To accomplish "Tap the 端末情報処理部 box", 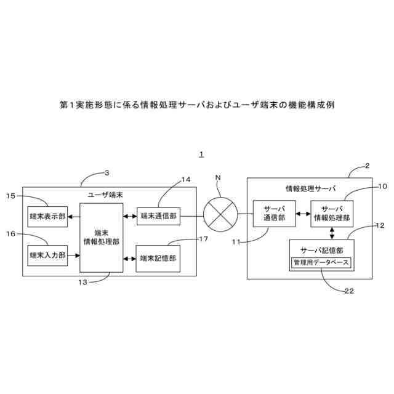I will (102, 237).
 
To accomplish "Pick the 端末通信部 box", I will (158, 216).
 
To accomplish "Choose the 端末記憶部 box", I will (158, 259).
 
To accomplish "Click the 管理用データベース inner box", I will (321, 263).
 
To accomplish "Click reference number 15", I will (11, 196).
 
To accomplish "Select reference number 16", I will (11, 233).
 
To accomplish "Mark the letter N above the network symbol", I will (217, 178).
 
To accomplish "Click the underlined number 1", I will (201, 155).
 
